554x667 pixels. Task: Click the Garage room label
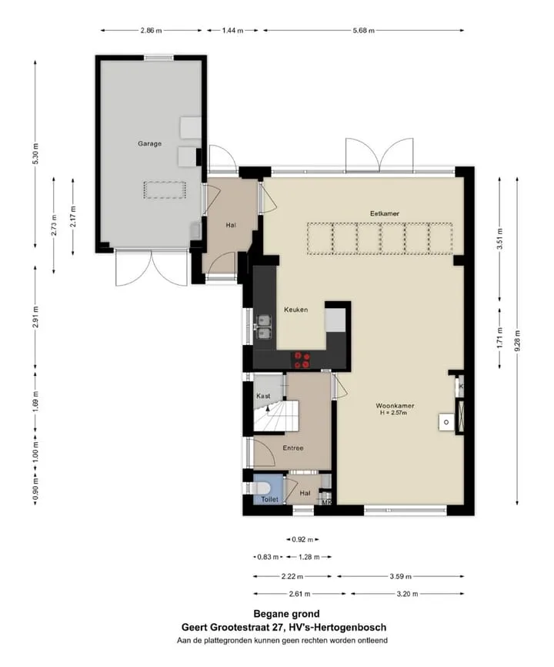point(149,144)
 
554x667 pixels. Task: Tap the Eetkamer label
point(385,213)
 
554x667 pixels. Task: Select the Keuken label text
point(295,310)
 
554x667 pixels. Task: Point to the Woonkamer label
point(395,406)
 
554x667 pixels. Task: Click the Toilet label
point(270,499)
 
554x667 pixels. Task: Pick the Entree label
point(293,448)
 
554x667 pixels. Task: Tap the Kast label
point(263,396)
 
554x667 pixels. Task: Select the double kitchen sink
point(264,327)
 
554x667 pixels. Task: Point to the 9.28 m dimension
point(517,341)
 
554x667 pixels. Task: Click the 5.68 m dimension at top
point(364,30)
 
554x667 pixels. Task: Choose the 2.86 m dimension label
point(151,30)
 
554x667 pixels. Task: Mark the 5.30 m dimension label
point(35,153)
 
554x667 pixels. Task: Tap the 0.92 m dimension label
point(302,539)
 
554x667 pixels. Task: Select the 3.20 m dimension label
point(408,594)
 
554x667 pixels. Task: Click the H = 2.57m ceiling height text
point(394,413)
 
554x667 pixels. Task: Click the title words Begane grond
point(286,614)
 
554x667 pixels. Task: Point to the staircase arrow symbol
point(268,408)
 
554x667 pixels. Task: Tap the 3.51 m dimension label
point(499,239)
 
